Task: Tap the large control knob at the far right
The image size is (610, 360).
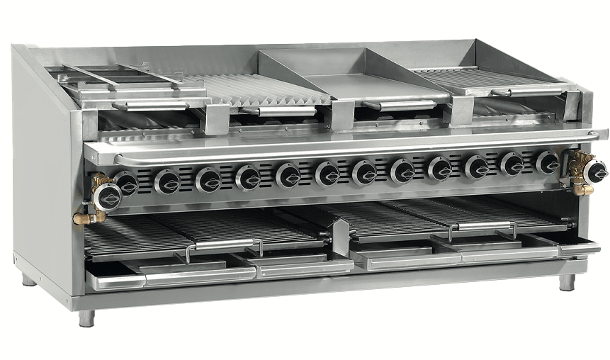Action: pos(593,171)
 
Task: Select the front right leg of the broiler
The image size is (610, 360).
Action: pos(567,281)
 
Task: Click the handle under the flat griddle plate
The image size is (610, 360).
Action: pos(401,104)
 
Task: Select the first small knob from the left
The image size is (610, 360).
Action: pos(128,184)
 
